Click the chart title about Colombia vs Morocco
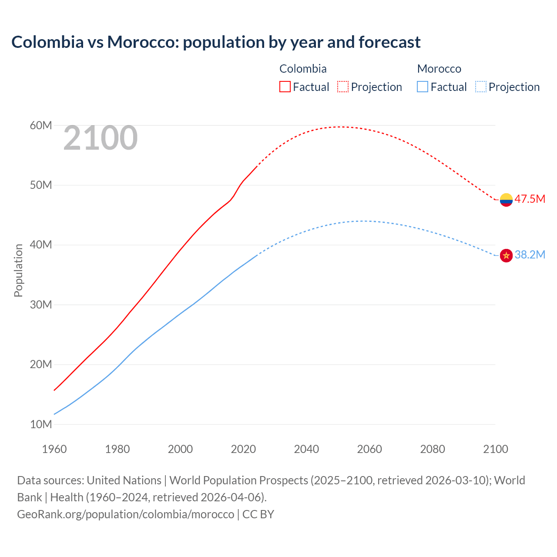(216, 42)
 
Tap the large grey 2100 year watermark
(101, 138)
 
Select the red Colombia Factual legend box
(285, 87)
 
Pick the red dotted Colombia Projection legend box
(343, 87)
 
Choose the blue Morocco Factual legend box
(423, 87)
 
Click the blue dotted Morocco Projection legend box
(481, 87)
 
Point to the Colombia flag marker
(506, 200)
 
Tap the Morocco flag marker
(506, 255)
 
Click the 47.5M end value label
(530, 199)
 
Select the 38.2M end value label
(530, 255)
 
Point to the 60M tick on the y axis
(41, 126)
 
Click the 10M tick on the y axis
(41, 424)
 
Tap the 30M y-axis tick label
(41, 305)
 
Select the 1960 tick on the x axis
(54, 449)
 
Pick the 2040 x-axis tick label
(306, 449)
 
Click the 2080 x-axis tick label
(433, 449)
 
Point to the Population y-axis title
(18, 271)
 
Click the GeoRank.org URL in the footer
(125, 514)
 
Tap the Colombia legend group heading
(303, 69)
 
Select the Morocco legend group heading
(439, 69)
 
